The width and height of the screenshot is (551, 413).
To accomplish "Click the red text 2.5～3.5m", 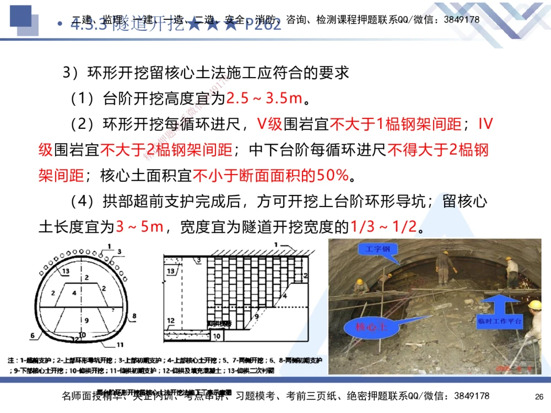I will [264, 99].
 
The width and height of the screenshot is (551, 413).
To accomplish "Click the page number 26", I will [539, 396].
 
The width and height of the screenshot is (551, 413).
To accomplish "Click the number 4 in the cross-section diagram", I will [74, 293].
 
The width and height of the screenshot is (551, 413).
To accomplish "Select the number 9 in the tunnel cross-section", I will [86, 319].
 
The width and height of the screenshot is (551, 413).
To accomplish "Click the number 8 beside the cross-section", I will [134, 316].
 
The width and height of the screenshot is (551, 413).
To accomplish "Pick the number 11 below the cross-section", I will [121, 345].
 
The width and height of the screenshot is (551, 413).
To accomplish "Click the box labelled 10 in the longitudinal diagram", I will [217, 335].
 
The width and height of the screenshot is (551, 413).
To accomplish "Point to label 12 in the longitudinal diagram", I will [171, 321].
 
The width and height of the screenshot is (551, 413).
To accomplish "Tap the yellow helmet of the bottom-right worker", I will [534, 305].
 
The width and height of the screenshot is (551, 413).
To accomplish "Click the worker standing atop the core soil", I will [442, 267].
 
